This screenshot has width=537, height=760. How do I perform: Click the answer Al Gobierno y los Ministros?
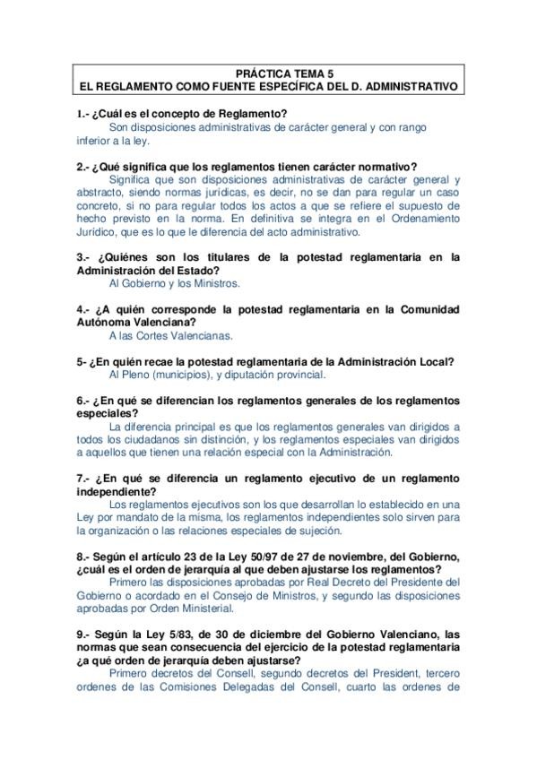[x=174, y=283]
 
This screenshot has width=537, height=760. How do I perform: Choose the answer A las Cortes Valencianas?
[x=169, y=335]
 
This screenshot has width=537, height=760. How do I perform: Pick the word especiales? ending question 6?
[x=108, y=413]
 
